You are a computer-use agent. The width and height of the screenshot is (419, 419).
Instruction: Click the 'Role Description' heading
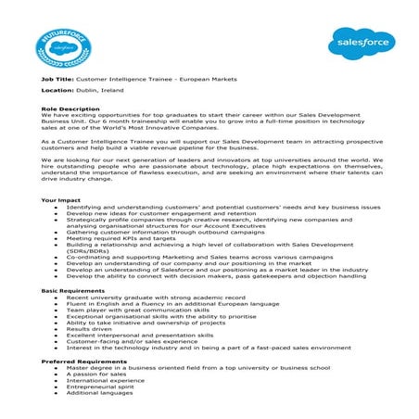pos(70,108)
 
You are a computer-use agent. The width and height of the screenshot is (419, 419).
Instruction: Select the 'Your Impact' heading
pos(61,200)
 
